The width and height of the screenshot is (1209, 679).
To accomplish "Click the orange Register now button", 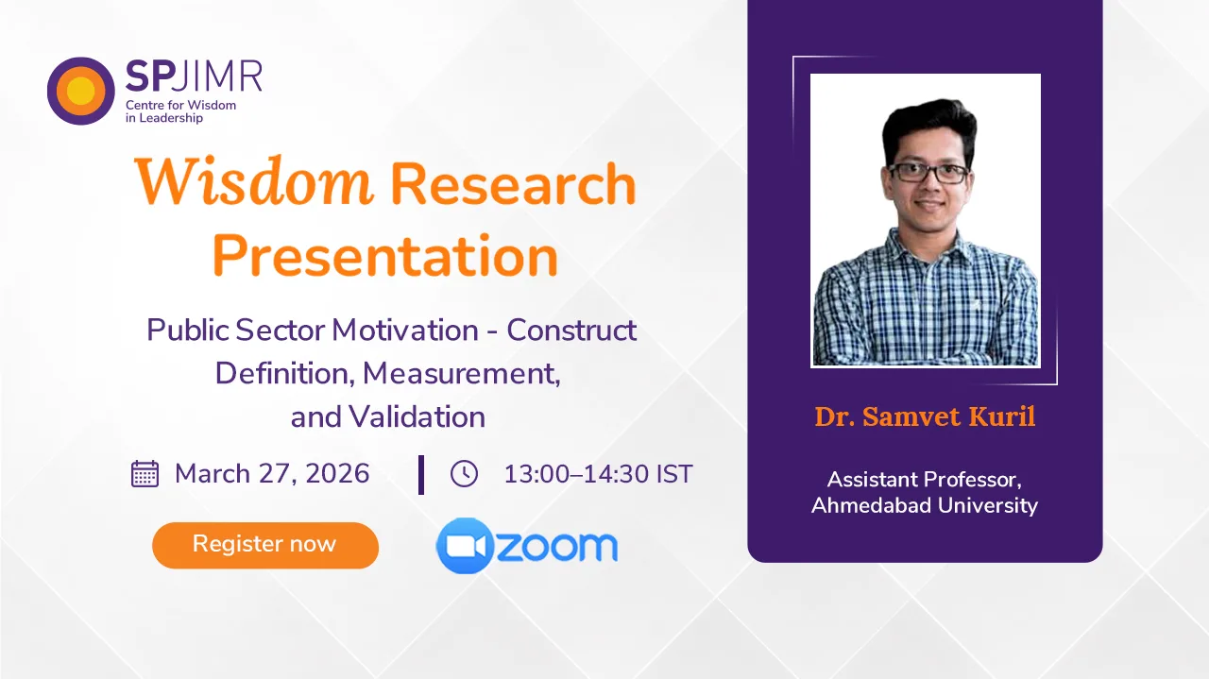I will pos(264,545).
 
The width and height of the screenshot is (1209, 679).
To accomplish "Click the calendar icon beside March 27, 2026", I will pos(145,473).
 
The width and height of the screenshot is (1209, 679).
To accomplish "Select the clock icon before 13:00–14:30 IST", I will pos(464,473).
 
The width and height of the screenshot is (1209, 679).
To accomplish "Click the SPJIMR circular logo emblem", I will pos(81,91).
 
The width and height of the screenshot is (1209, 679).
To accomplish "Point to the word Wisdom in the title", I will pos(253,182).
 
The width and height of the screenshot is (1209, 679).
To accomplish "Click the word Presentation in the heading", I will pos(384,256).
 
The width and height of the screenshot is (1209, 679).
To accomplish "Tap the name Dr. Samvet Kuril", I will pos(925,416).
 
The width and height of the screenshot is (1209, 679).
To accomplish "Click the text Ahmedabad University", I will pos(925,505).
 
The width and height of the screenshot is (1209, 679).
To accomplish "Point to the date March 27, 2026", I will pos(272,473).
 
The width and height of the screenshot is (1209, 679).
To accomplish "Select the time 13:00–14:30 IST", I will pos(598,473).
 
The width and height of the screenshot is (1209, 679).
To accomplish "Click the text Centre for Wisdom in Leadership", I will pos(180,111).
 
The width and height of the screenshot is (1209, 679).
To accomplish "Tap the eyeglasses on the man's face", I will pos(928,173).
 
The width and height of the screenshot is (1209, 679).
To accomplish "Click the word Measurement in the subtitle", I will pos(461,373).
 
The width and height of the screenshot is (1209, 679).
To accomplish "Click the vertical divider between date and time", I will pos(421,474).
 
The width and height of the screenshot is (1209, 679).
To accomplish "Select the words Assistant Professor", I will pos(925,479).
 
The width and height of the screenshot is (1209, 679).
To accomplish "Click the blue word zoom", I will pos(556,546).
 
